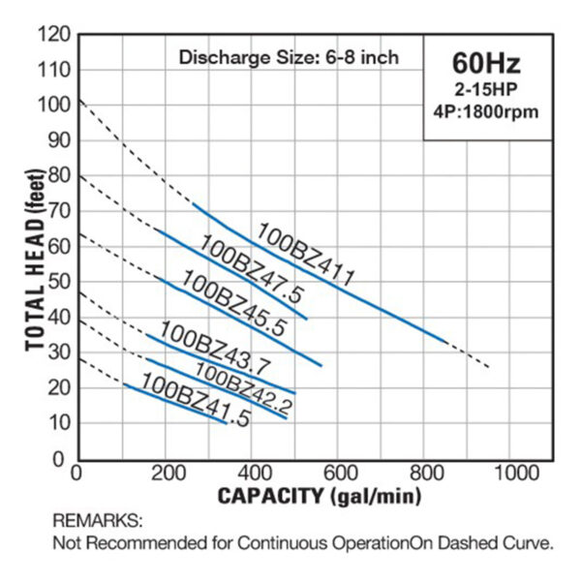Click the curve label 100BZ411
tap(305, 254)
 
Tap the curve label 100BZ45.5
tap(232, 303)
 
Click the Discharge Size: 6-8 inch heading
tap(289, 57)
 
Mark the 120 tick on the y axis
tap(54, 35)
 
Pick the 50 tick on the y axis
tap(58, 282)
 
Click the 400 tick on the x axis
tap(252, 474)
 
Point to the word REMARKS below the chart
tap(97, 521)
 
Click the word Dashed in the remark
tap(451, 542)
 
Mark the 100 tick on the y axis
tap(54, 106)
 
